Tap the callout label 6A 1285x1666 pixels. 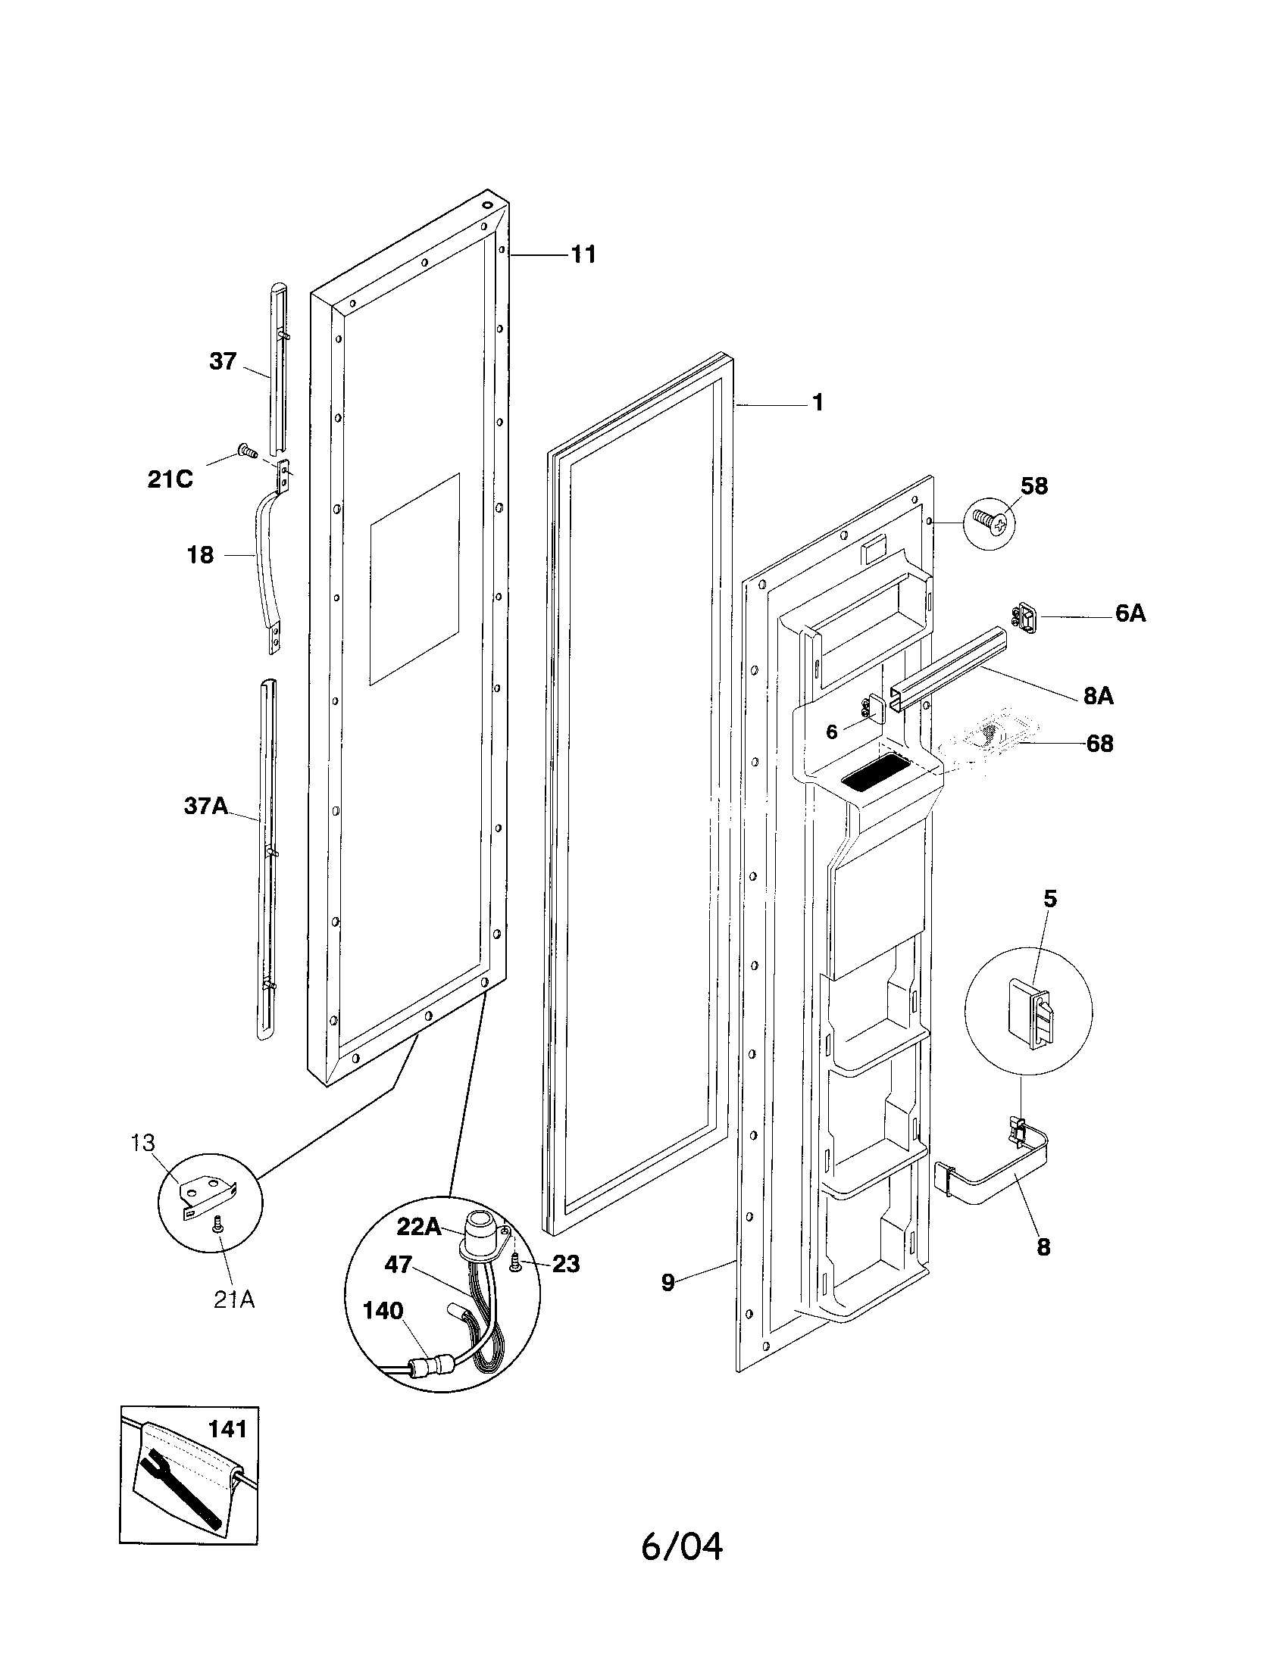point(1130,613)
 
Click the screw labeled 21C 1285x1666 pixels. point(246,451)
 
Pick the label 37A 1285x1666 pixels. point(205,806)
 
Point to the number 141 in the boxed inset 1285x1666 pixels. point(227,1428)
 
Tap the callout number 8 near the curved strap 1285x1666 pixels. point(1043,1246)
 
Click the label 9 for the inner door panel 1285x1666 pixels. point(668,1282)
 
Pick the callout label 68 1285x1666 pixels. point(1099,743)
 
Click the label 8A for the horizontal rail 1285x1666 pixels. point(1098,696)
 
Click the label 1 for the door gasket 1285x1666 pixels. point(818,402)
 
